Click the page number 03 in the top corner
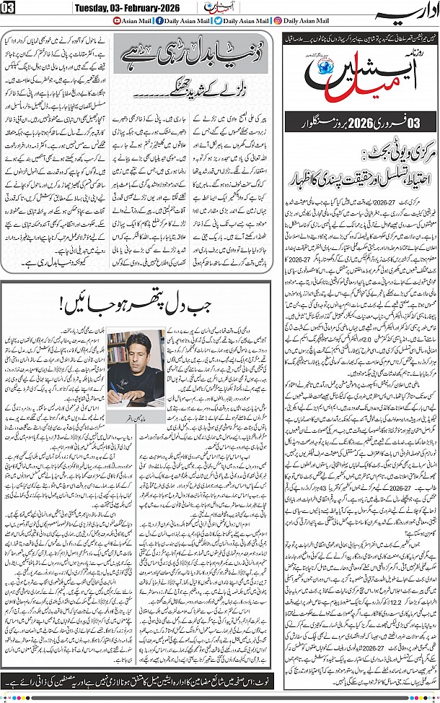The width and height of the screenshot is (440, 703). (11, 8)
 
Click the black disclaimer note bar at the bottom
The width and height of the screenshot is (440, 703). (216, 680)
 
